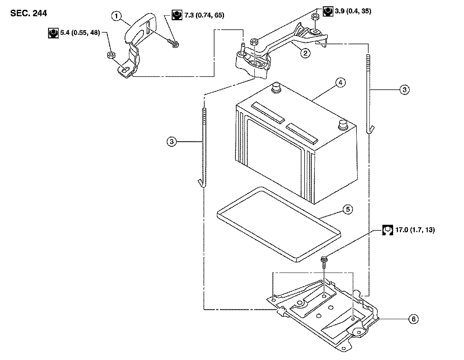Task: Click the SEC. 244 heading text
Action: (29, 13)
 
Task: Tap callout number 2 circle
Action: (304, 54)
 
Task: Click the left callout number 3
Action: (172, 142)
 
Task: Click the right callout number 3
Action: (404, 90)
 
